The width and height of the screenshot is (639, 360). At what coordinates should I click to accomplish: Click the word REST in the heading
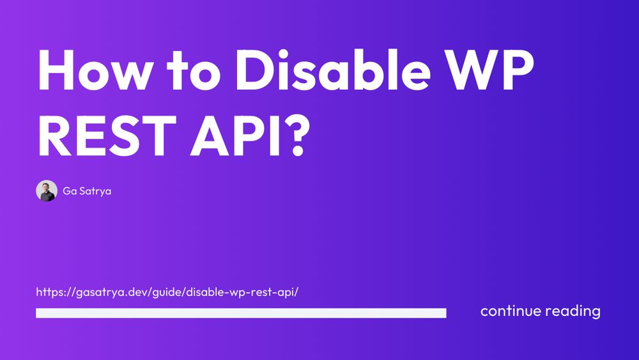107,136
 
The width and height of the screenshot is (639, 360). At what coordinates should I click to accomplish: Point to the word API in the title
236,136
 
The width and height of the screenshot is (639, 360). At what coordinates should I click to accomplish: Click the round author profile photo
47,191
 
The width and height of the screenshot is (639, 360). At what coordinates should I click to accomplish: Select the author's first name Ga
70,191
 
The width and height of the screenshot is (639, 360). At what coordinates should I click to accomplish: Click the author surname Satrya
95,191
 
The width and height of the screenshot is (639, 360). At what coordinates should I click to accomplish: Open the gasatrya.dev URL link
167,292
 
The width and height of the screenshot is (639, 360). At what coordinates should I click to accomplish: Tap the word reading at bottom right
573,311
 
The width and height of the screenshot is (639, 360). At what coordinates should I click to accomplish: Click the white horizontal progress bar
242,313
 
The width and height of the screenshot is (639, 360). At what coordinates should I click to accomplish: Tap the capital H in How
56,70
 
